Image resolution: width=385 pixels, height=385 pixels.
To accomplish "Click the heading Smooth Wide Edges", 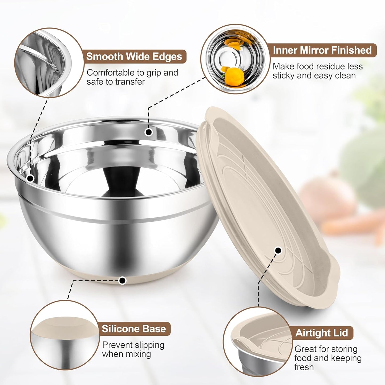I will point(134,56).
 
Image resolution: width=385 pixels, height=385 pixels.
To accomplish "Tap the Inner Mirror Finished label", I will point(322,50).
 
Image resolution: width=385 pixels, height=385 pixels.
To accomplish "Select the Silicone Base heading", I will point(134,329).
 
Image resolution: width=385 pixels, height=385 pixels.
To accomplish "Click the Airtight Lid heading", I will point(322,333).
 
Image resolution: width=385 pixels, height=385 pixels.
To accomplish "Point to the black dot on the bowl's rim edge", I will point(30,178).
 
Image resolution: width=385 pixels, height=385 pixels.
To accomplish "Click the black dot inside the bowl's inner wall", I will point(148,132).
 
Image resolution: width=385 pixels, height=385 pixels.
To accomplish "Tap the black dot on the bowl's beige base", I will point(122,280).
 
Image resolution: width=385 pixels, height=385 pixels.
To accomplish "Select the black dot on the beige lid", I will point(278,250).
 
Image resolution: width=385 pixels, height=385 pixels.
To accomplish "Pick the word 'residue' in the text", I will point(327,66).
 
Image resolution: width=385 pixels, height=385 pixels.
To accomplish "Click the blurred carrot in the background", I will point(352,224).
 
